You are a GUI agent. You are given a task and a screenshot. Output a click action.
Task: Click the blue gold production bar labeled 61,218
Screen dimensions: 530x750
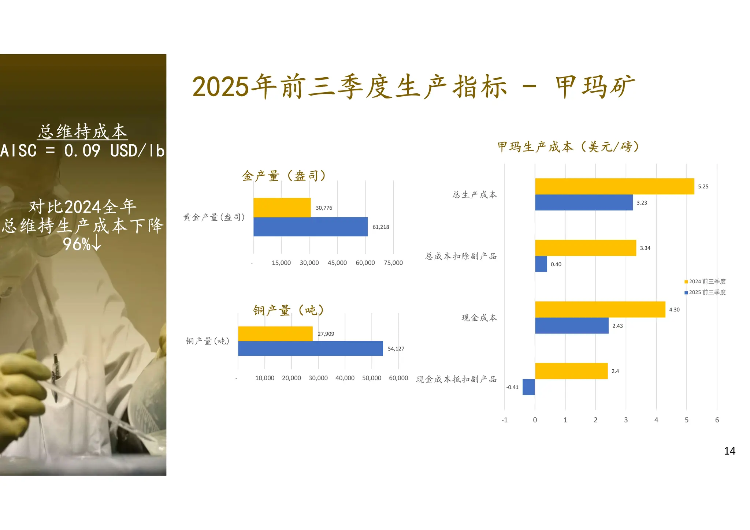coord(310,227)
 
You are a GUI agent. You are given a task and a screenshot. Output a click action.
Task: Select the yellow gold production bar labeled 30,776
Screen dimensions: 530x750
coord(282,208)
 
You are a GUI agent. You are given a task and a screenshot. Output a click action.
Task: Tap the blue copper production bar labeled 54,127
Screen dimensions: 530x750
coord(310,348)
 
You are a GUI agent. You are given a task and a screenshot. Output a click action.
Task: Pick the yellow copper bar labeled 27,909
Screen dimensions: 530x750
coord(275,334)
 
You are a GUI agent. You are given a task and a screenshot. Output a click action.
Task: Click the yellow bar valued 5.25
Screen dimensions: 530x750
coord(614,186)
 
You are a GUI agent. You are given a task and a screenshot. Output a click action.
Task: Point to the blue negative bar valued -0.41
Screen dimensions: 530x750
coord(528,387)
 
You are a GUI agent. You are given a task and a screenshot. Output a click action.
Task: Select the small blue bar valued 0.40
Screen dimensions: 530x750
coord(541,264)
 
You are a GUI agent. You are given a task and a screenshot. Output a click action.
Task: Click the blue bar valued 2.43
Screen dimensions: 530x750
coord(571,325)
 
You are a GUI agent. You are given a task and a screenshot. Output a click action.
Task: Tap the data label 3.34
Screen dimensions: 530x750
coord(645,248)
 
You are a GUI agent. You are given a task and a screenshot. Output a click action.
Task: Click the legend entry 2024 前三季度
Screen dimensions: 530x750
coord(705,281)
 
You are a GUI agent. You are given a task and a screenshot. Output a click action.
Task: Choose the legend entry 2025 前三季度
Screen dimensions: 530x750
coord(705,292)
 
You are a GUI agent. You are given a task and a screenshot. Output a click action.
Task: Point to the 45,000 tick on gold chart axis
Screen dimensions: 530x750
coord(337,263)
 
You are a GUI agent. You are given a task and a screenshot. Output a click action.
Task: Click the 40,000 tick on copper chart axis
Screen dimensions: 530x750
coord(345,378)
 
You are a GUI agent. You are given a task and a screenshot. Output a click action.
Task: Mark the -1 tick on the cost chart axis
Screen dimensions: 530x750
coord(504,420)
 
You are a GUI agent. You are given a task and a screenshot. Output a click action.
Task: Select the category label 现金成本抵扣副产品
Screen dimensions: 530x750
coord(456,379)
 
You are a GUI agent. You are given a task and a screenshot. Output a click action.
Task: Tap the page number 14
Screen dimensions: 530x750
coord(729,451)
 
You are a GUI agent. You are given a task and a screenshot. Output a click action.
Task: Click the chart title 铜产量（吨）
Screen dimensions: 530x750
coord(289,310)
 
